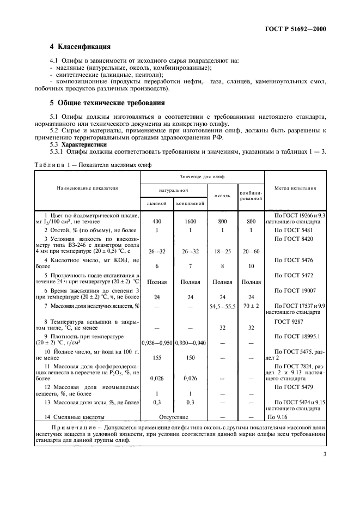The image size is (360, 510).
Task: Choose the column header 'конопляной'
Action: pyautogui.click(x=190, y=203)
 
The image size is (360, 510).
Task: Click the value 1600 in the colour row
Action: pyautogui.click(x=190, y=222)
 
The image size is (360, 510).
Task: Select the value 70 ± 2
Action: pyautogui.click(x=251, y=306)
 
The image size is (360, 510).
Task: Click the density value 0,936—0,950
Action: pyautogui.click(x=157, y=343)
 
